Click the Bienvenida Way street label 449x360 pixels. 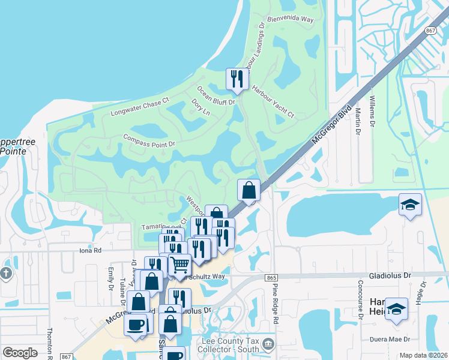pyautogui.click(x=291, y=19)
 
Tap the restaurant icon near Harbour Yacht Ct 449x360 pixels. pyautogui.click(x=237, y=79)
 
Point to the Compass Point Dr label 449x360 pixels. pyautogui.click(x=148, y=140)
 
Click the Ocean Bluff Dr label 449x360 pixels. pyautogui.click(x=215, y=95)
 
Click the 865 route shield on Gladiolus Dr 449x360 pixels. pyautogui.click(x=271, y=278)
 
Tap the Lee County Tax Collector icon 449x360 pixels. pyautogui.click(x=268, y=344)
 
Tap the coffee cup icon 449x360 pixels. pyautogui.click(x=134, y=325)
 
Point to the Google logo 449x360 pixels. pyautogui.click(x=20, y=352)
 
